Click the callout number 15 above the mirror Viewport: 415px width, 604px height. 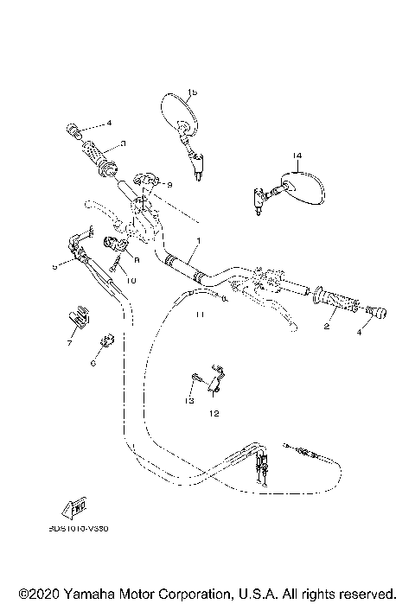[192, 92]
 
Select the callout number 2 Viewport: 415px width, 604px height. [327, 328]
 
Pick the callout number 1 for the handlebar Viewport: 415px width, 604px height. [198, 240]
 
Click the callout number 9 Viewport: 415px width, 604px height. [169, 185]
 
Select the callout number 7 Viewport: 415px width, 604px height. [69, 344]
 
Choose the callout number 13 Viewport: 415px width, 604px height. [187, 400]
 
